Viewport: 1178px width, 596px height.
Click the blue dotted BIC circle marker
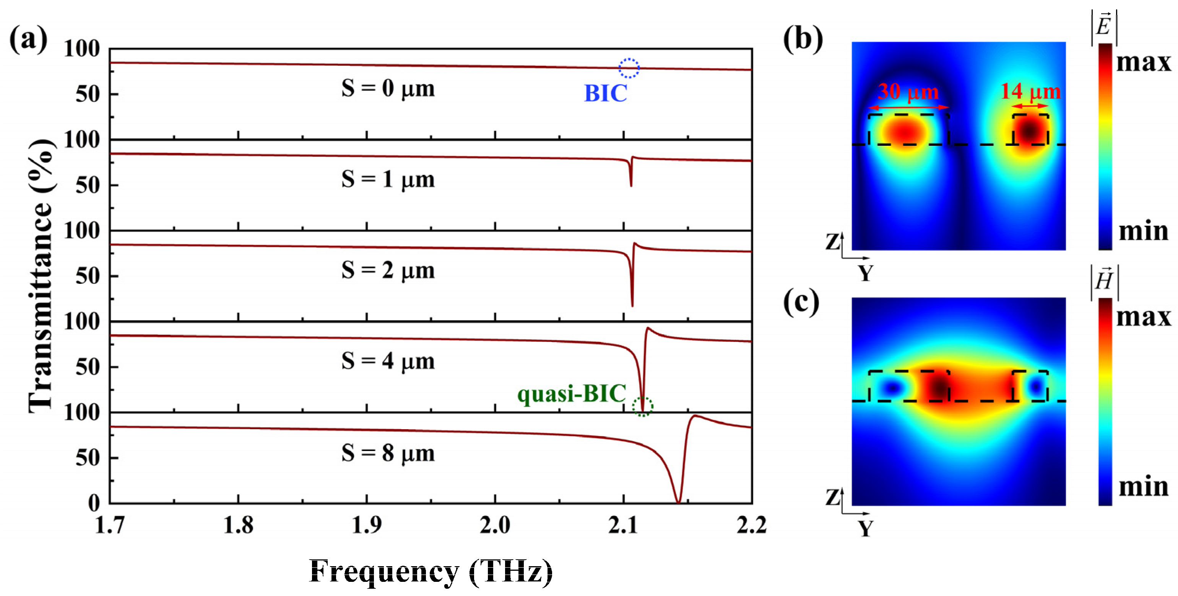[x=629, y=68]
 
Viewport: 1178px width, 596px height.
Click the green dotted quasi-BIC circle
[x=642, y=406]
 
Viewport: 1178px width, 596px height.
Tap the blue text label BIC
[x=606, y=94]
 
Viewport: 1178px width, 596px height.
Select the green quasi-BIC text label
[x=571, y=393]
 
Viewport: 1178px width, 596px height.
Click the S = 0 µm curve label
[x=388, y=88]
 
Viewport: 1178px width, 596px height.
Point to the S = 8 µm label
[x=388, y=453]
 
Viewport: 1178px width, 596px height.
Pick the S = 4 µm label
[x=388, y=362]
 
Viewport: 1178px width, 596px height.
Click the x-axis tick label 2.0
[x=495, y=525]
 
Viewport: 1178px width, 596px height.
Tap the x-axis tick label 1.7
[x=110, y=525]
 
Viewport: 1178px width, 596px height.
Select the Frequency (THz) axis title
[x=431, y=571]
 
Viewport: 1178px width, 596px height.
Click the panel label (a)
[x=28, y=39]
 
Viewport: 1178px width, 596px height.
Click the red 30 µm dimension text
[x=908, y=91]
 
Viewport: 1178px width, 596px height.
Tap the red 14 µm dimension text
[x=1030, y=91]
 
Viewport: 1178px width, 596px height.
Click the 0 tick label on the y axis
[x=94, y=503]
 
